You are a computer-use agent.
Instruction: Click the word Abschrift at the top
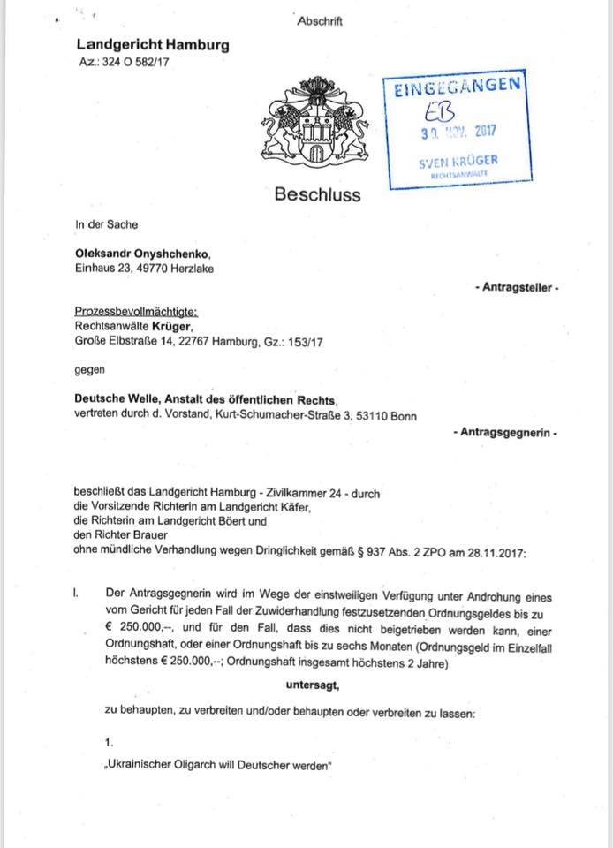click(x=319, y=21)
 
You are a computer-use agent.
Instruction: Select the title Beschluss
click(x=317, y=194)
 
